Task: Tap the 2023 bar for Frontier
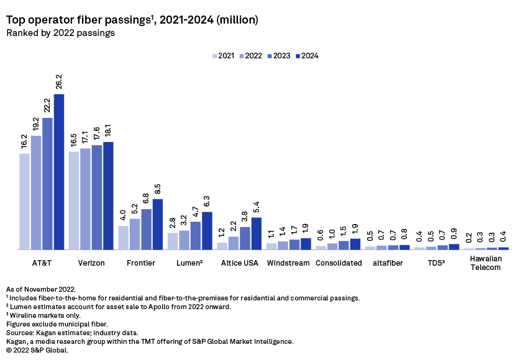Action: [147, 229]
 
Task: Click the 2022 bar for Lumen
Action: [184, 240]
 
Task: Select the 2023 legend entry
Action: [278, 56]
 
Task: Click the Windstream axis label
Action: [289, 263]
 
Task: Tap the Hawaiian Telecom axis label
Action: [485, 263]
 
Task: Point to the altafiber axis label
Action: [388, 263]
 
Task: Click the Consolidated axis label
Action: [339, 263]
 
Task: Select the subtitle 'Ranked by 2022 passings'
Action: [60, 34]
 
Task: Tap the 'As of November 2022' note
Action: [41, 289]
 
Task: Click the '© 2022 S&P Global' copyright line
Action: [37, 350]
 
